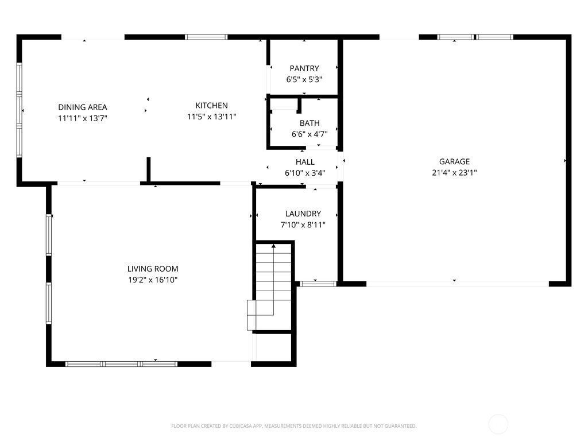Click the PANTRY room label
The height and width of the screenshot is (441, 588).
pos(304,68)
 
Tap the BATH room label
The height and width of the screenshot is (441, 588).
pos(310,123)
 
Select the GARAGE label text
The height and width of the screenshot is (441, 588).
pos(454,161)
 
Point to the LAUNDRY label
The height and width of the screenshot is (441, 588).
pos(303,214)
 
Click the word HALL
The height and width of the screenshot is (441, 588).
pos(305,162)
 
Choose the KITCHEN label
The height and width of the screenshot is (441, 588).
pos(211,106)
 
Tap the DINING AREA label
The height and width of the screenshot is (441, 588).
pos(83,107)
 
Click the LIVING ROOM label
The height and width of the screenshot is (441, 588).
pos(153,269)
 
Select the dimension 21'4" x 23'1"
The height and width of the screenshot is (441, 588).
pos(454,172)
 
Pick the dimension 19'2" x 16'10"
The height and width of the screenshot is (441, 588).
pos(153,280)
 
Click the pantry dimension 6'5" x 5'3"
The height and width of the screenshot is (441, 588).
pos(304,79)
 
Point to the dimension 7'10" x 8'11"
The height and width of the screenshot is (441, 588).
pos(303,225)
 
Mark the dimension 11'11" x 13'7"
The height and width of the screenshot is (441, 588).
pos(83,118)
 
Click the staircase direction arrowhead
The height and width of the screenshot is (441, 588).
pos(274,246)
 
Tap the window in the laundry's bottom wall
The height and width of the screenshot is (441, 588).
pos(318,284)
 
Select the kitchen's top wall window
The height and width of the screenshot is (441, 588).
pos(206,37)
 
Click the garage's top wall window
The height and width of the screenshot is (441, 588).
pos(475,37)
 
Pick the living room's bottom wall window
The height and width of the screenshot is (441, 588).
pos(121,363)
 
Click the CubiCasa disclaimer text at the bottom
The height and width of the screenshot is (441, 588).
pos(293,426)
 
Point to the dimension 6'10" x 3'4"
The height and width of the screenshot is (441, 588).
pos(305,173)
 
